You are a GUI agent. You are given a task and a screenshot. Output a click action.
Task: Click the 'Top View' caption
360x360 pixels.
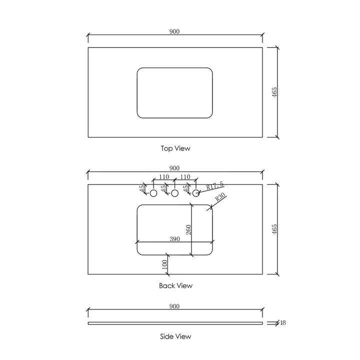[x=175, y=148]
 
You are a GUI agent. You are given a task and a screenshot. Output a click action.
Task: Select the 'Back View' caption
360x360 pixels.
[x=175, y=286]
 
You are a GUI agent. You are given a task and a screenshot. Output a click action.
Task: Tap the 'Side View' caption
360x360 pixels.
[x=175, y=336]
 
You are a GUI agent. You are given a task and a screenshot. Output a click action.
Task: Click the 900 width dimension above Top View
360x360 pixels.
[x=174, y=31]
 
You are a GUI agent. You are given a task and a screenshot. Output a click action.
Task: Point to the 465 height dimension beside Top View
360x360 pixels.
[x=274, y=92]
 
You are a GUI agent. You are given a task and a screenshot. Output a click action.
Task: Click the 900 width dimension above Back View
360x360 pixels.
[x=174, y=168]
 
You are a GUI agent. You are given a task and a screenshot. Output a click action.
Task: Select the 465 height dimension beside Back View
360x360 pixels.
[x=274, y=229]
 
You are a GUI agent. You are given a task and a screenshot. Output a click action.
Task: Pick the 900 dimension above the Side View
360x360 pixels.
[x=174, y=306]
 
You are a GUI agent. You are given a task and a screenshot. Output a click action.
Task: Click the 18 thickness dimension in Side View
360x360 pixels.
[x=282, y=323]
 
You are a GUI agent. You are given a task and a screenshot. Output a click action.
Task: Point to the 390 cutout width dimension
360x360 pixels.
[x=175, y=239]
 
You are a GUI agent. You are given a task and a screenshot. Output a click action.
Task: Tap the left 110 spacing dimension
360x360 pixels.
[x=163, y=177]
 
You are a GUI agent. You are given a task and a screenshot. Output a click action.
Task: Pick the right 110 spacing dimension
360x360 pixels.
[x=185, y=177]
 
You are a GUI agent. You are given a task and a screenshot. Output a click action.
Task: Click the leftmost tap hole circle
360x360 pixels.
[x=153, y=193]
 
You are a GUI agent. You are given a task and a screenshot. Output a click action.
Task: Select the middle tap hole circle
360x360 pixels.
[x=175, y=193]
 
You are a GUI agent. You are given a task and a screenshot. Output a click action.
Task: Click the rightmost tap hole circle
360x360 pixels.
[x=196, y=193]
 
